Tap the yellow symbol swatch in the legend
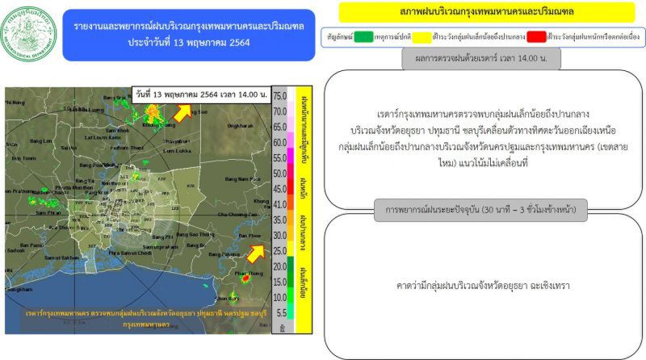point(454,36)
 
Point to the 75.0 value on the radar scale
point(280,96)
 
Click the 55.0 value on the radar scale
point(280,173)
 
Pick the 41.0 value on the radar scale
point(280,204)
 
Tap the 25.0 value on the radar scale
point(280,251)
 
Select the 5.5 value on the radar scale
point(280,312)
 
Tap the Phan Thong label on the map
point(245,274)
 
